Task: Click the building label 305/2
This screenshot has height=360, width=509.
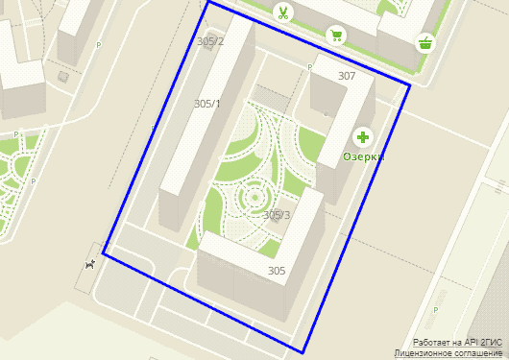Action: click(x=209, y=41)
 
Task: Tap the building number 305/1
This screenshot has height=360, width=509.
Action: click(x=207, y=104)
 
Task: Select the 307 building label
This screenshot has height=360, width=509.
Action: click(x=347, y=75)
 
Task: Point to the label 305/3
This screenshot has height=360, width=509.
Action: click(x=277, y=215)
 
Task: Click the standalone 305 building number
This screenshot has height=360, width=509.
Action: click(x=278, y=271)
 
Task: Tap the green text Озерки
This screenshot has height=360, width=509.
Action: click(x=364, y=156)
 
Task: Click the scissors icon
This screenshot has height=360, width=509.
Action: click(x=283, y=12)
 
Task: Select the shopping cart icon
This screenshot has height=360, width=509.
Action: click(x=336, y=36)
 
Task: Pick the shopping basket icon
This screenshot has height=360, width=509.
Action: click(x=424, y=42)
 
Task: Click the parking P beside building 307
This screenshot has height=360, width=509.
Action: click(x=309, y=67)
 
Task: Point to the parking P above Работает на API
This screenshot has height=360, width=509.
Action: click(x=436, y=310)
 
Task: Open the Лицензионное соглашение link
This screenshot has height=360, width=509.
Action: click(x=450, y=353)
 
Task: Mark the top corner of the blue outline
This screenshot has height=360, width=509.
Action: click(x=207, y=3)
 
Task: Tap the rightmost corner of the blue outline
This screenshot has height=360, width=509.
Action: click(x=410, y=85)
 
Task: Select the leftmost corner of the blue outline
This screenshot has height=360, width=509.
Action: click(x=103, y=255)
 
